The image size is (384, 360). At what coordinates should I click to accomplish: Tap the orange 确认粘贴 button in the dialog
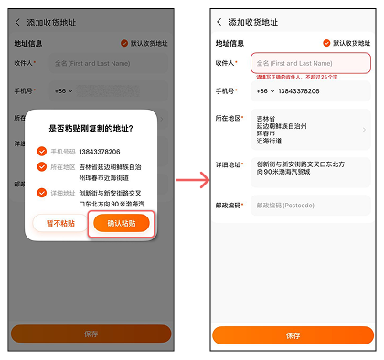[122, 224]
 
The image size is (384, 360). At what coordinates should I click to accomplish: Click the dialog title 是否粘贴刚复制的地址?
[91, 129]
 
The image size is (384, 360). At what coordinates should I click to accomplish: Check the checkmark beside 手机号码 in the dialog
[41, 151]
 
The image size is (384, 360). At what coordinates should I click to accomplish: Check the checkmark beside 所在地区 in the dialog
[41, 167]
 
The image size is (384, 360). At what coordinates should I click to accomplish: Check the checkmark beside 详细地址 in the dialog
[41, 192]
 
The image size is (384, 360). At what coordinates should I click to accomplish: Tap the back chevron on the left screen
[16, 22]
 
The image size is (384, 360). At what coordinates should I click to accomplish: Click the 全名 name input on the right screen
[310, 63]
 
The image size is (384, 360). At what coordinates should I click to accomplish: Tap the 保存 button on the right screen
[293, 335]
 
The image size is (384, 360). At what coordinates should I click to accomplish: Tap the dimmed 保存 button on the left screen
[91, 334]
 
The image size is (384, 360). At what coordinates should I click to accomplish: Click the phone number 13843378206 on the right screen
[301, 91]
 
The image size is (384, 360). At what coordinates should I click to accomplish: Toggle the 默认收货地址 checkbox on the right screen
[326, 43]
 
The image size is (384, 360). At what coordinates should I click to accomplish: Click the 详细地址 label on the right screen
[229, 164]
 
